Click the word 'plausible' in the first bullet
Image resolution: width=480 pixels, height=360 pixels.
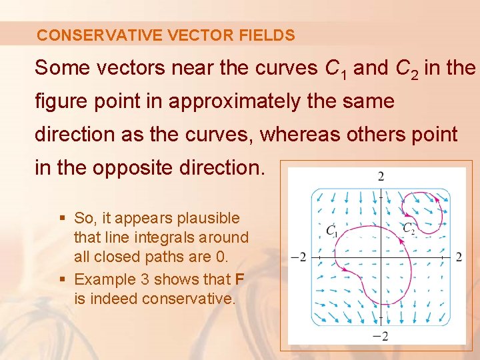(x=207, y=218)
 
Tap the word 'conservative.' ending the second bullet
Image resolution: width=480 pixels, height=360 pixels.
(x=189, y=299)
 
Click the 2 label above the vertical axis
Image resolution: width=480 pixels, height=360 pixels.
(x=381, y=177)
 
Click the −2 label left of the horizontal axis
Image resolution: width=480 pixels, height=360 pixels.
(x=299, y=257)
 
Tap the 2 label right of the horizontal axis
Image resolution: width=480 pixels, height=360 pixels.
(x=459, y=257)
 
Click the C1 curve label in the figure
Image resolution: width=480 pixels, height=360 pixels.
(x=332, y=231)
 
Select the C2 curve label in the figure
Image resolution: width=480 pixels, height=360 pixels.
(x=409, y=228)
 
